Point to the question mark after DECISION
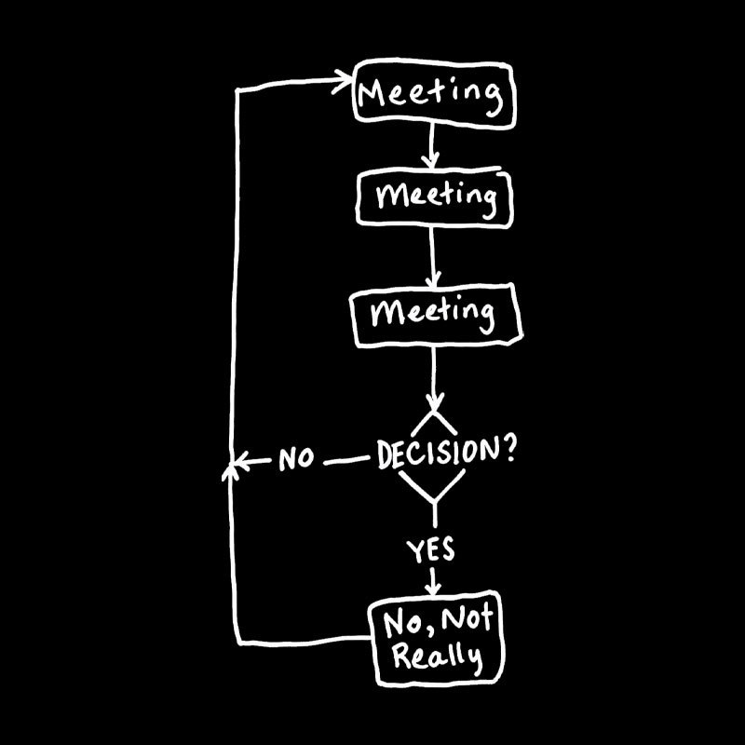coord(508,450)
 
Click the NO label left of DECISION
coord(296,458)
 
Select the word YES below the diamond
coord(430,550)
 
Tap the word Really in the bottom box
coord(437,657)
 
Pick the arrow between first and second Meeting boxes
coord(431,146)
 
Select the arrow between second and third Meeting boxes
coord(432,257)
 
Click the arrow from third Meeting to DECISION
coord(434,379)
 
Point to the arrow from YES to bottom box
coord(432,580)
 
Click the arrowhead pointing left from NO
coord(241,461)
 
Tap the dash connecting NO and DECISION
coord(345,460)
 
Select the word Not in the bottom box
coord(468,618)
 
